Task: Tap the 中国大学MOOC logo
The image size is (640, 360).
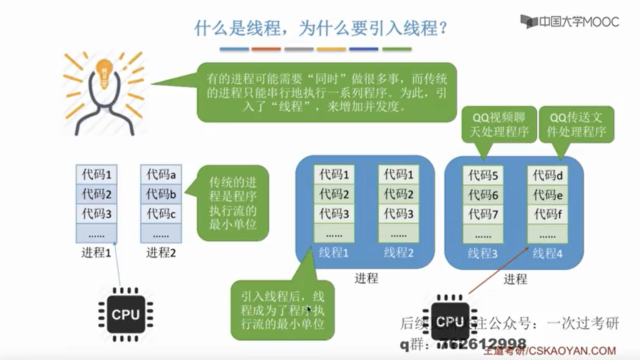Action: coord(570,22)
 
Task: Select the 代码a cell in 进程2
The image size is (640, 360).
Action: coord(161,174)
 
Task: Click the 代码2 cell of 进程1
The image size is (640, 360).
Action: coord(96,194)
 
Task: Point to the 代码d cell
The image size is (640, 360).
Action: coord(547,175)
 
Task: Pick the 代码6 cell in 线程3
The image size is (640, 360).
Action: coord(483,195)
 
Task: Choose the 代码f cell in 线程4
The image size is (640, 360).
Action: coord(547,214)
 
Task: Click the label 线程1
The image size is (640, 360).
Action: coord(334,253)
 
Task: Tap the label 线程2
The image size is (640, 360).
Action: coord(398,253)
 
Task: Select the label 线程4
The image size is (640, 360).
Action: coord(547,254)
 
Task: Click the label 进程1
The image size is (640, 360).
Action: coord(96,253)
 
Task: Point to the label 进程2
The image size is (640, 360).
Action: coord(161,253)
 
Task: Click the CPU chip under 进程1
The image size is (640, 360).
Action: coord(126,314)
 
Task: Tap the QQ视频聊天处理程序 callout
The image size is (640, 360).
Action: coord(499,125)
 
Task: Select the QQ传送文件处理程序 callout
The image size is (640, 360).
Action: coord(576,125)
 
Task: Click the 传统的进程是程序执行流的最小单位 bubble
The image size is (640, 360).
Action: coord(233,203)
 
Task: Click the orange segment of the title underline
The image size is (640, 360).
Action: coord(266,49)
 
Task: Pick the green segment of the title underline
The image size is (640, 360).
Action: coord(397,49)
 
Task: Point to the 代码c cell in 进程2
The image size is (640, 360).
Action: coord(161,214)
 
